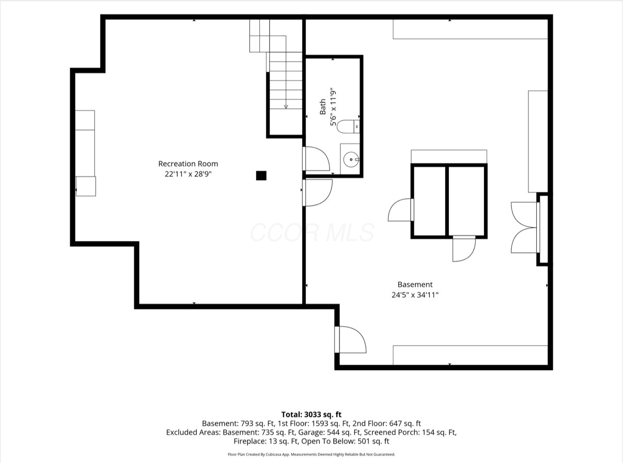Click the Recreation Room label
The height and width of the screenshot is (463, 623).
[x=188, y=164]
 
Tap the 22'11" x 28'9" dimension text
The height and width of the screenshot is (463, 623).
[x=188, y=174]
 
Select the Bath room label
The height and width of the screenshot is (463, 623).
[x=323, y=107]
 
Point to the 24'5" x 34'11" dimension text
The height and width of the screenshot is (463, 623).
[x=415, y=295]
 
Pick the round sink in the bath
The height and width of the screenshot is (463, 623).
[x=351, y=159]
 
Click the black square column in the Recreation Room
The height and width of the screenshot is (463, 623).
[x=261, y=175]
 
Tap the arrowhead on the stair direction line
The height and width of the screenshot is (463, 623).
[x=286, y=107]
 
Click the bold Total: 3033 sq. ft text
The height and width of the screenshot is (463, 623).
[x=311, y=414]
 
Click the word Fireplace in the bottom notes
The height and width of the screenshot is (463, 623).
[x=250, y=441]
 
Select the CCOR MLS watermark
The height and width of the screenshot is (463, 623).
[x=312, y=232]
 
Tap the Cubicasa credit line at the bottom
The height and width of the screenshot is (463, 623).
[x=311, y=454]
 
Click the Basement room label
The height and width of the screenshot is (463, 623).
[x=415, y=284]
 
